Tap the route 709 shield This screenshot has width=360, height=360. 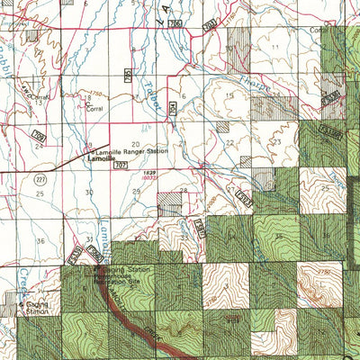(39, 135)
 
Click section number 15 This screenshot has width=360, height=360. (229, 94)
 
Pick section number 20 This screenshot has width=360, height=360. (135, 143)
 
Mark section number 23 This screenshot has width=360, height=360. (278, 141)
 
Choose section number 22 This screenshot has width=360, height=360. (229, 142)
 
